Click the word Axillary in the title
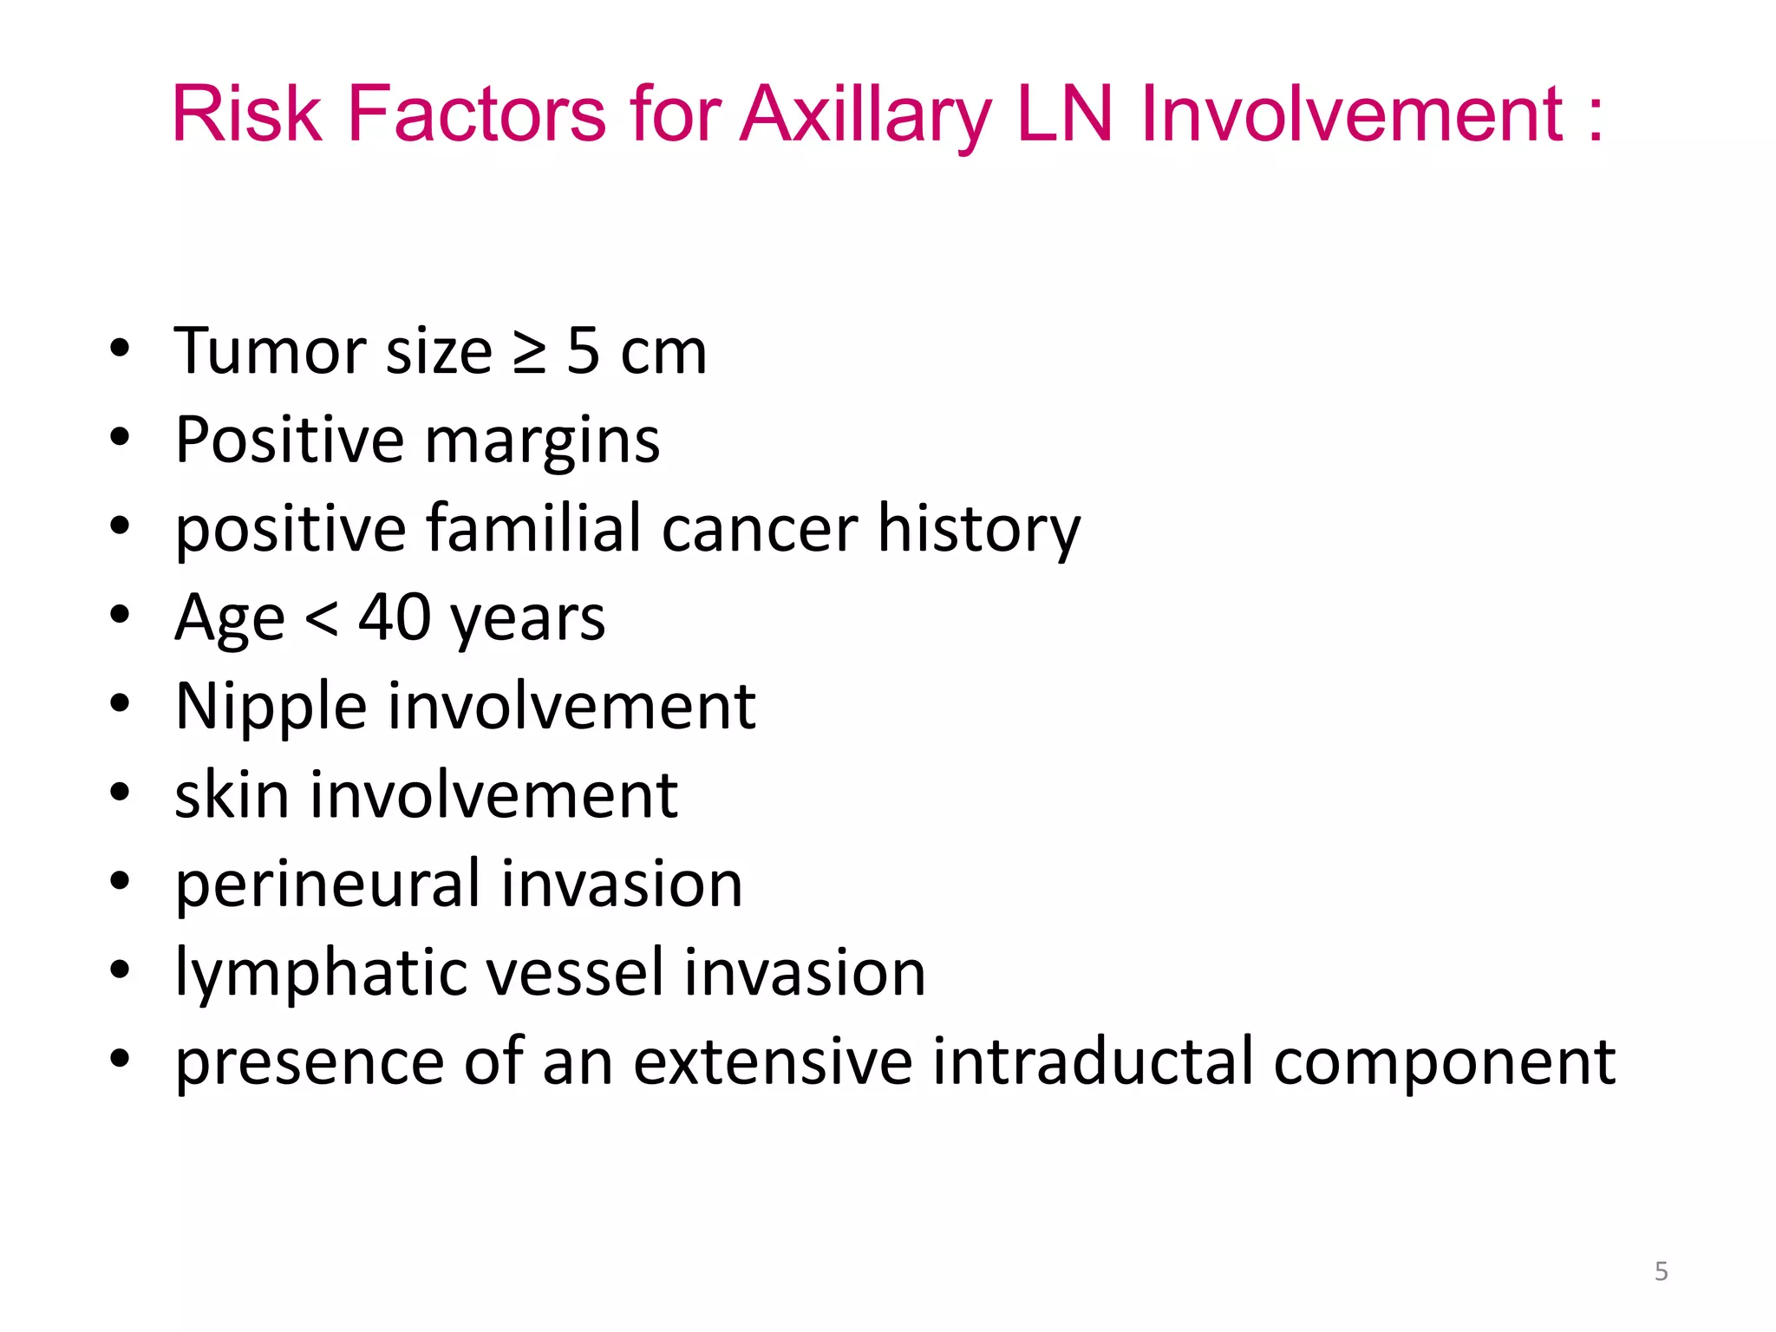pos(866,115)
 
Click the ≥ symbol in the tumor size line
pos(529,353)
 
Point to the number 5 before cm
pos(583,351)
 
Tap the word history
pos(979,530)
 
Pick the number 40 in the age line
pos(395,617)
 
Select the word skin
pos(232,795)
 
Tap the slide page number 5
pos(1661,1271)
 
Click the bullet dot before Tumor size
pos(120,349)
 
